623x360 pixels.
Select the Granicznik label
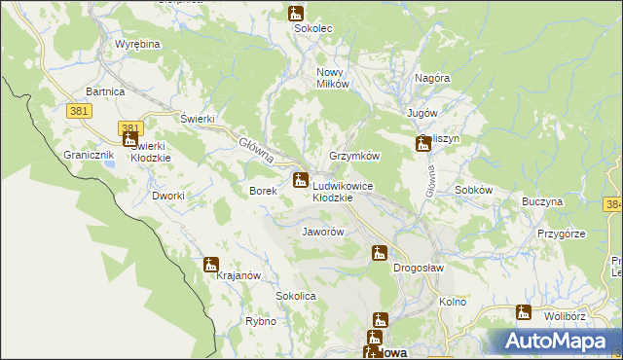(90, 155)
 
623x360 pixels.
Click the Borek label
(264, 191)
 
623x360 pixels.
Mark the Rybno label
(261, 321)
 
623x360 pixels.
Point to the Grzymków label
(354, 156)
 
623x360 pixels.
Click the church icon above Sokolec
(296, 14)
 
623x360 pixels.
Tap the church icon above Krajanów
(210, 264)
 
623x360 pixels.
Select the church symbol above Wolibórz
(524, 312)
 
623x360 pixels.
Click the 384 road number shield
(612, 205)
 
